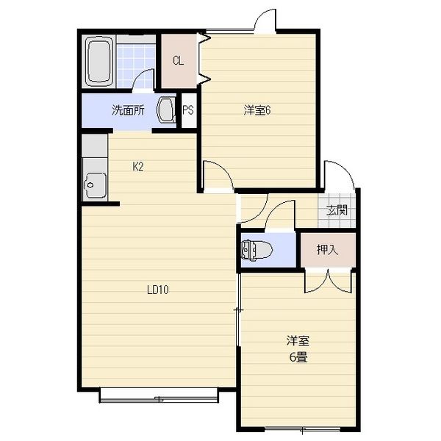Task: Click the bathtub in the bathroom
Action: click(99, 61)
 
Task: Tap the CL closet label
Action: click(179, 60)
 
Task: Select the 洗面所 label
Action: click(128, 110)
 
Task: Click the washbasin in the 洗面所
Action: click(166, 110)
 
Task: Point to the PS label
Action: click(188, 110)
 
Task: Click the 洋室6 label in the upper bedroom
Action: click(257, 110)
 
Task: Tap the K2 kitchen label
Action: click(138, 167)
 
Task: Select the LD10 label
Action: click(158, 290)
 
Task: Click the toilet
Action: click(257, 249)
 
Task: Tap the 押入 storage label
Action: click(327, 249)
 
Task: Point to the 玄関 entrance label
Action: click(337, 209)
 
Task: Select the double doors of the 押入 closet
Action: click(329, 281)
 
